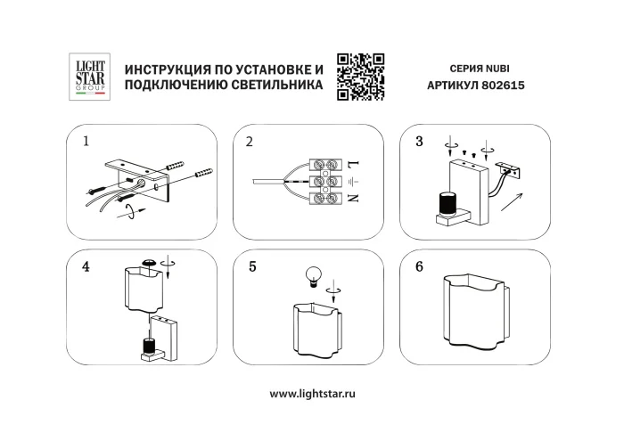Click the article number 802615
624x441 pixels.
pos(505,86)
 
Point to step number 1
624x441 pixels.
pos(86,141)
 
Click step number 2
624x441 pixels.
pos(250,142)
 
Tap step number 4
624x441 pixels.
pos(86,265)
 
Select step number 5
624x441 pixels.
pos(252,265)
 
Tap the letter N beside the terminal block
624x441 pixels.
pos(353,198)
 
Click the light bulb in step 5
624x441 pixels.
pos(313,274)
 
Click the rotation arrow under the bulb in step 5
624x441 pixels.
pos(334,289)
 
